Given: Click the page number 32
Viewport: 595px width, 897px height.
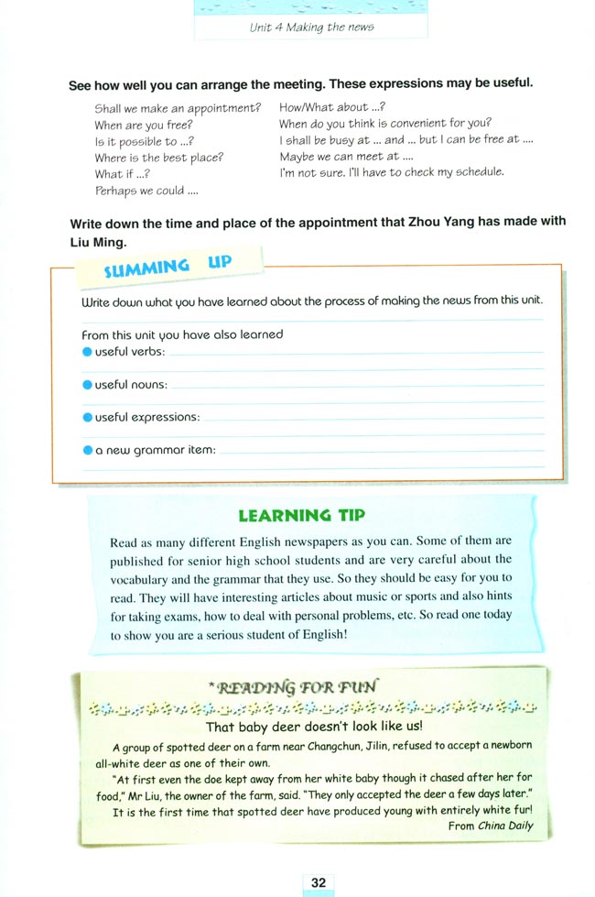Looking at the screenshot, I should tap(318, 881).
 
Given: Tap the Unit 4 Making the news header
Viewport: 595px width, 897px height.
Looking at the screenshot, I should tap(311, 27).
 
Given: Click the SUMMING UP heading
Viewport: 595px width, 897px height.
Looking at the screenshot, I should tap(168, 268).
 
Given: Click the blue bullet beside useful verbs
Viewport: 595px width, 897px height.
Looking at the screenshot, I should tap(87, 351).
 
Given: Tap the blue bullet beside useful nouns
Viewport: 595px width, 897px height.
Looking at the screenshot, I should tap(87, 384).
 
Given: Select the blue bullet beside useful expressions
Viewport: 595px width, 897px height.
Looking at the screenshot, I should tap(87, 417).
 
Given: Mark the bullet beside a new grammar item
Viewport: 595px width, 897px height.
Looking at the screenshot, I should tap(87, 450).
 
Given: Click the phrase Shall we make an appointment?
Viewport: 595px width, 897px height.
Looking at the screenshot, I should tap(178, 107).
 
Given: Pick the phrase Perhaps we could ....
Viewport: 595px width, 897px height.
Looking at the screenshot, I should tap(146, 191).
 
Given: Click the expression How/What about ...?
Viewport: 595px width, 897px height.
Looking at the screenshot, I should tap(325, 107).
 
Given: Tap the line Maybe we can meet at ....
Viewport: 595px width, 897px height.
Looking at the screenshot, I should tap(346, 157).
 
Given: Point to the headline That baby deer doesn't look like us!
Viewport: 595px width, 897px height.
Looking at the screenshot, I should tap(310, 727).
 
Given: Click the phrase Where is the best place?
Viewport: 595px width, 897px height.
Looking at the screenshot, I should tap(158, 157).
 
